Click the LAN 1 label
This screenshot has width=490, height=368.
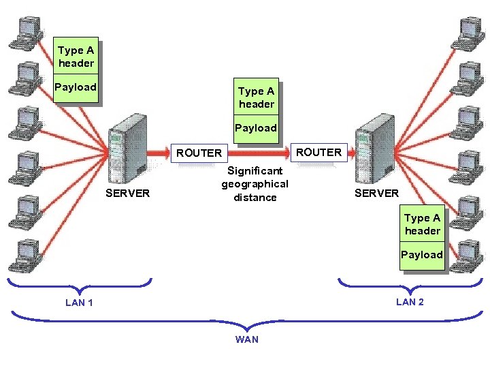(x=79, y=303)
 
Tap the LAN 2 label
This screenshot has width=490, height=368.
(x=410, y=302)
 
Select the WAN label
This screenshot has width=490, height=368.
(x=246, y=339)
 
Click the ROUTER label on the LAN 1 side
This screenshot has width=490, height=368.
(x=199, y=153)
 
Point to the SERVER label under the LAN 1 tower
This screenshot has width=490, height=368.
(x=128, y=193)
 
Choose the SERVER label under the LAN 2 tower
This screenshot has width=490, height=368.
(x=377, y=193)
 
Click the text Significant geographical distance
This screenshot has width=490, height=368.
(x=255, y=184)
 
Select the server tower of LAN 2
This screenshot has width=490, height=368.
(x=376, y=147)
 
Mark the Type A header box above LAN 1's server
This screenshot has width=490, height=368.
(x=76, y=56)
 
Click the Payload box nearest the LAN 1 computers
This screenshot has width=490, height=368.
(x=76, y=87)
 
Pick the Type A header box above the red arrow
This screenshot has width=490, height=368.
(x=257, y=97)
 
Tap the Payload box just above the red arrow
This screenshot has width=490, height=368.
(x=256, y=128)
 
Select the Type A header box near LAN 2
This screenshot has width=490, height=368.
(x=422, y=224)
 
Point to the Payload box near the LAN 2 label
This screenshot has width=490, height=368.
(x=422, y=255)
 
